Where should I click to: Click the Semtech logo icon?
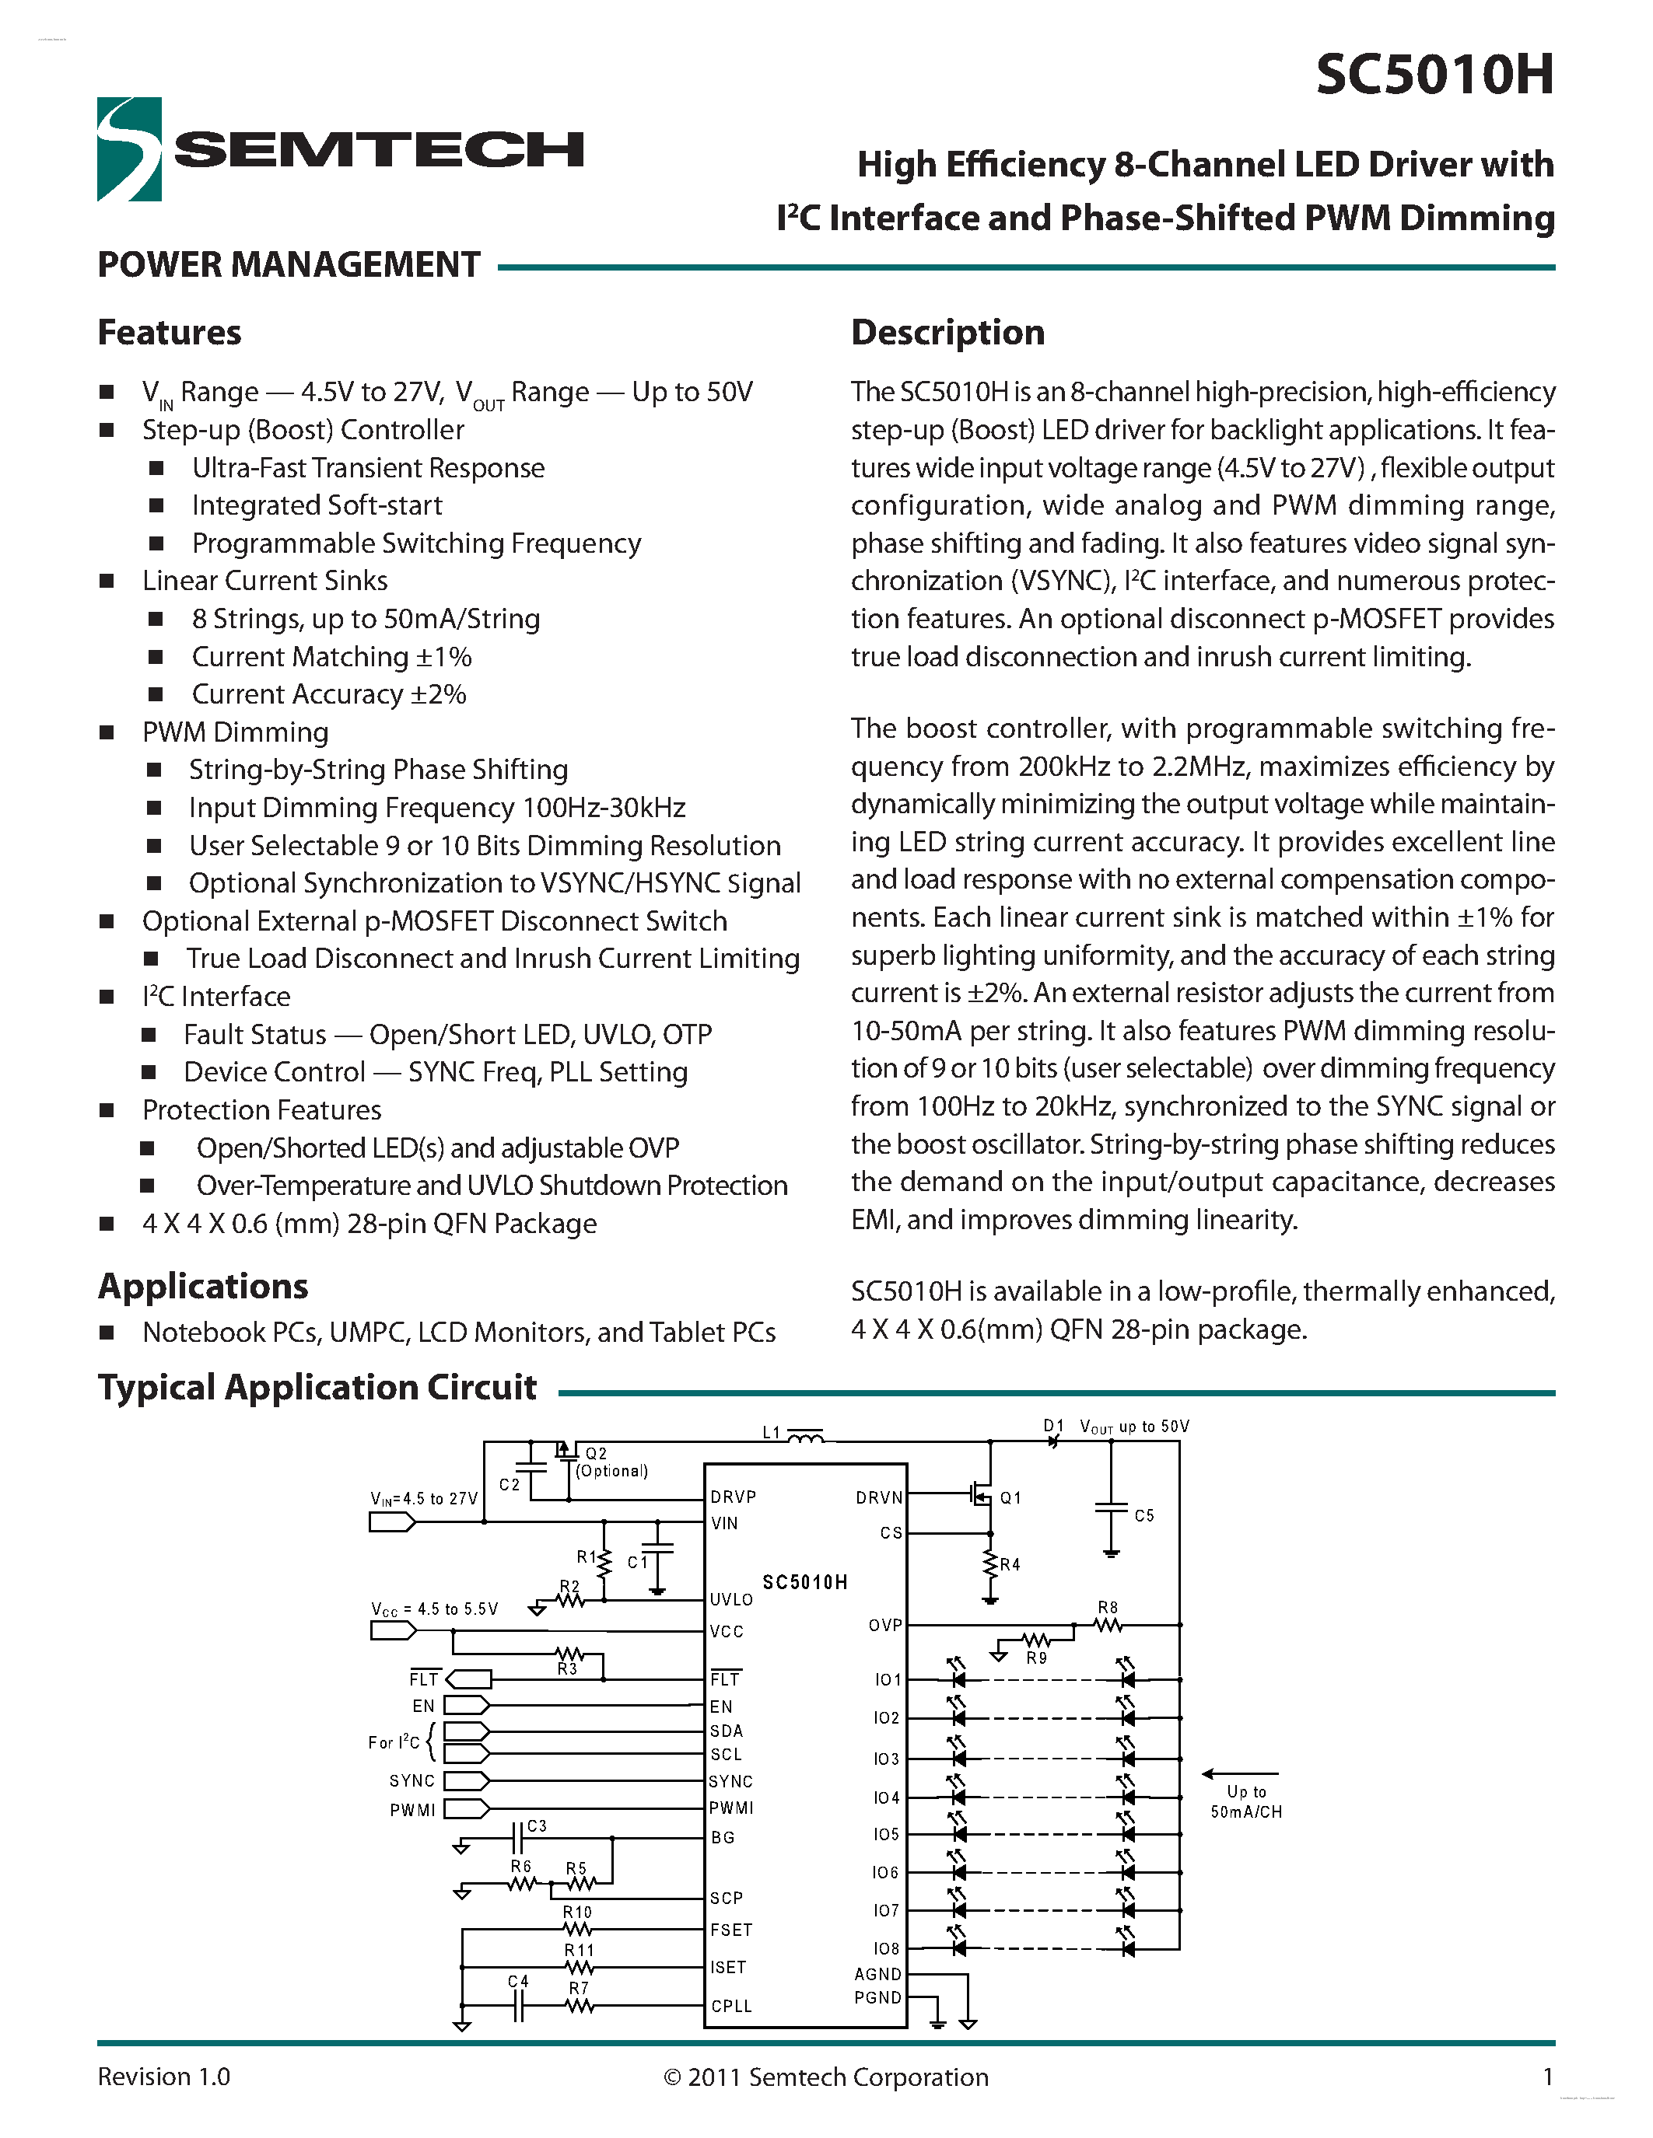point(129,150)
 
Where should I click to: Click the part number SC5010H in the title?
point(1434,75)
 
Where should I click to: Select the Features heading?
point(170,333)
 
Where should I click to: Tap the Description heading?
point(947,333)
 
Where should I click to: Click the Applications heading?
point(203,1285)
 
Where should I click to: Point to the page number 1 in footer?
point(1547,2077)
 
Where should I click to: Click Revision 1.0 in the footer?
point(163,2077)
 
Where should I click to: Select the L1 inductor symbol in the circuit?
point(805,1437)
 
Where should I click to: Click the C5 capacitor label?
point(1143,1515)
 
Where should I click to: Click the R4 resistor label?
point(1010,1564)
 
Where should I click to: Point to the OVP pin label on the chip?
point(884,1625)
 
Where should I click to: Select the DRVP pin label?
point(733,1497)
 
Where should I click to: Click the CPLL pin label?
point(731,2006)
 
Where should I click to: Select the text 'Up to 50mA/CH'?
point(1245,1801)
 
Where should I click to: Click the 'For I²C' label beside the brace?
point(394,1742)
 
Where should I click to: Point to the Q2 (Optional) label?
point(609,1462)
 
